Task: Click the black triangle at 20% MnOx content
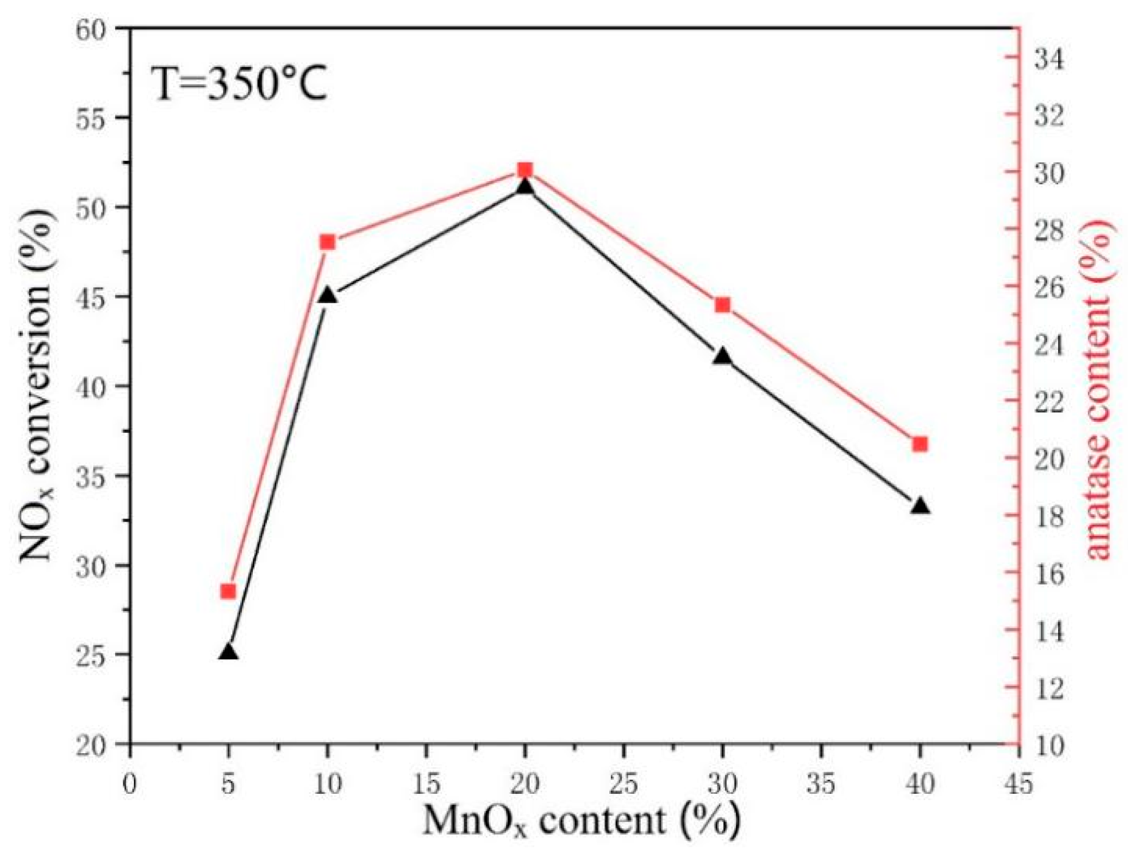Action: (x=524, y=187)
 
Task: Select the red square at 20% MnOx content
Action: (x=524, y=170)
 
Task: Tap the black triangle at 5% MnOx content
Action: (x=229, y=652)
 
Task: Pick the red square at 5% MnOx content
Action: (x=229, y=591)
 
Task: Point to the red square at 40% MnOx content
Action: (x=920, y=444)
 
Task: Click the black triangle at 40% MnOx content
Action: (x=920, y=506)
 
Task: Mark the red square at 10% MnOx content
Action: (x=327, y=242)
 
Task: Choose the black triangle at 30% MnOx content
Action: (x=723, y=356)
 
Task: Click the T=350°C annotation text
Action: (x=239, y=84)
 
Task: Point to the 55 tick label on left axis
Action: (x=91, y=118)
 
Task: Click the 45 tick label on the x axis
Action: (x=1019, y=784)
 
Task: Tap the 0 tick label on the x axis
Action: (x=130, y=784)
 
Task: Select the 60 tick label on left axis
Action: (x=91, y=29)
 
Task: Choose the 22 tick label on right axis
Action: (x=1048, y=401)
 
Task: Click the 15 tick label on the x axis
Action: (x=426, y=784)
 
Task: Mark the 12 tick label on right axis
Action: (x=1048, y=687)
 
